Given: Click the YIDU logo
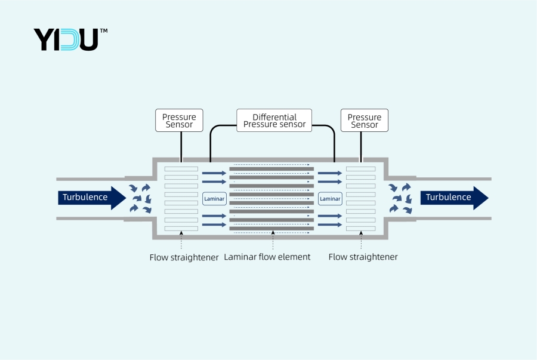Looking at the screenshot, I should [66, 39].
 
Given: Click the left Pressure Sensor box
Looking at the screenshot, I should [179, 121].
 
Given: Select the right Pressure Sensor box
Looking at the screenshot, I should [364, 121].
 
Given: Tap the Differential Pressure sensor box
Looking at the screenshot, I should [274, 121].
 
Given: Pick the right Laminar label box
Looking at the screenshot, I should [330, 198].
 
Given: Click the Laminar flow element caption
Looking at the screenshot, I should [267, 257].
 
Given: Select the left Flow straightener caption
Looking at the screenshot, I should [184, 257].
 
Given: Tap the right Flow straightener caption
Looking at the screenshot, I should [363, 257].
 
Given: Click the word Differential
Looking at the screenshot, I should [274, 117].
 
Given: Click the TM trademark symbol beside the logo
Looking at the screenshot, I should [103, 30].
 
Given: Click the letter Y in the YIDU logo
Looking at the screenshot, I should [44, 39].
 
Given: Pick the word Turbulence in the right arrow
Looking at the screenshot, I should [448, 198].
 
